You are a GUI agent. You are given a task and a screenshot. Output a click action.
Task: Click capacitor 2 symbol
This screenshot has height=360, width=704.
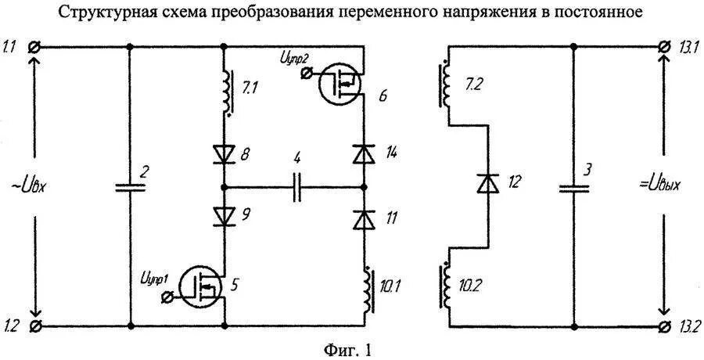pos(130,187)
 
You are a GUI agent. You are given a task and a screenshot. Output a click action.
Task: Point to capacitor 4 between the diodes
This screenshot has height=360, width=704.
pos(296,188)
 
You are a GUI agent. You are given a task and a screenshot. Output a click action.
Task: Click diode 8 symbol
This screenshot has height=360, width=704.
pos(224,154)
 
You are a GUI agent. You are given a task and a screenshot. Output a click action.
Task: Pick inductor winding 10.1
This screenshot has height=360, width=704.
pos(366,289)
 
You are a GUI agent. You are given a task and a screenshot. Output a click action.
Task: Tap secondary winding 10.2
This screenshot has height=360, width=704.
pos(447,286)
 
